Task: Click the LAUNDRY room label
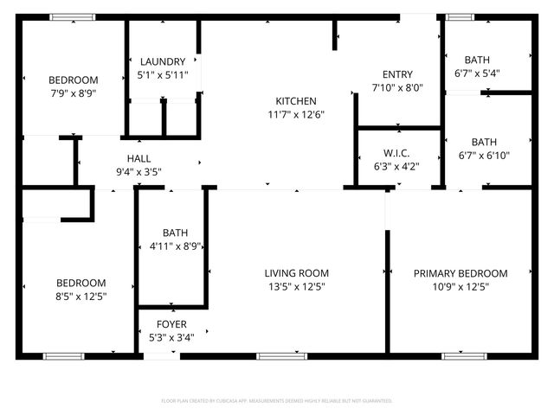162,61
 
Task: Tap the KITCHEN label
296,101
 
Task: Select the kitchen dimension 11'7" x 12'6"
296,114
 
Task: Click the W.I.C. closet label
395,153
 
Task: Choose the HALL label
138,158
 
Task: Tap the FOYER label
171,323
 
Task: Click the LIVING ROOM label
296,273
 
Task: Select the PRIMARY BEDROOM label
461,273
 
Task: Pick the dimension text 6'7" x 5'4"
477,73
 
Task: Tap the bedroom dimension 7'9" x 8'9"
72,93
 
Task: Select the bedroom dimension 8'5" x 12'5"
81,297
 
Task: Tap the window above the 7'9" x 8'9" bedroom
66,16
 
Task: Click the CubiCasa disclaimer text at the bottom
277,401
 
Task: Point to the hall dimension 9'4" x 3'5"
138,171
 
